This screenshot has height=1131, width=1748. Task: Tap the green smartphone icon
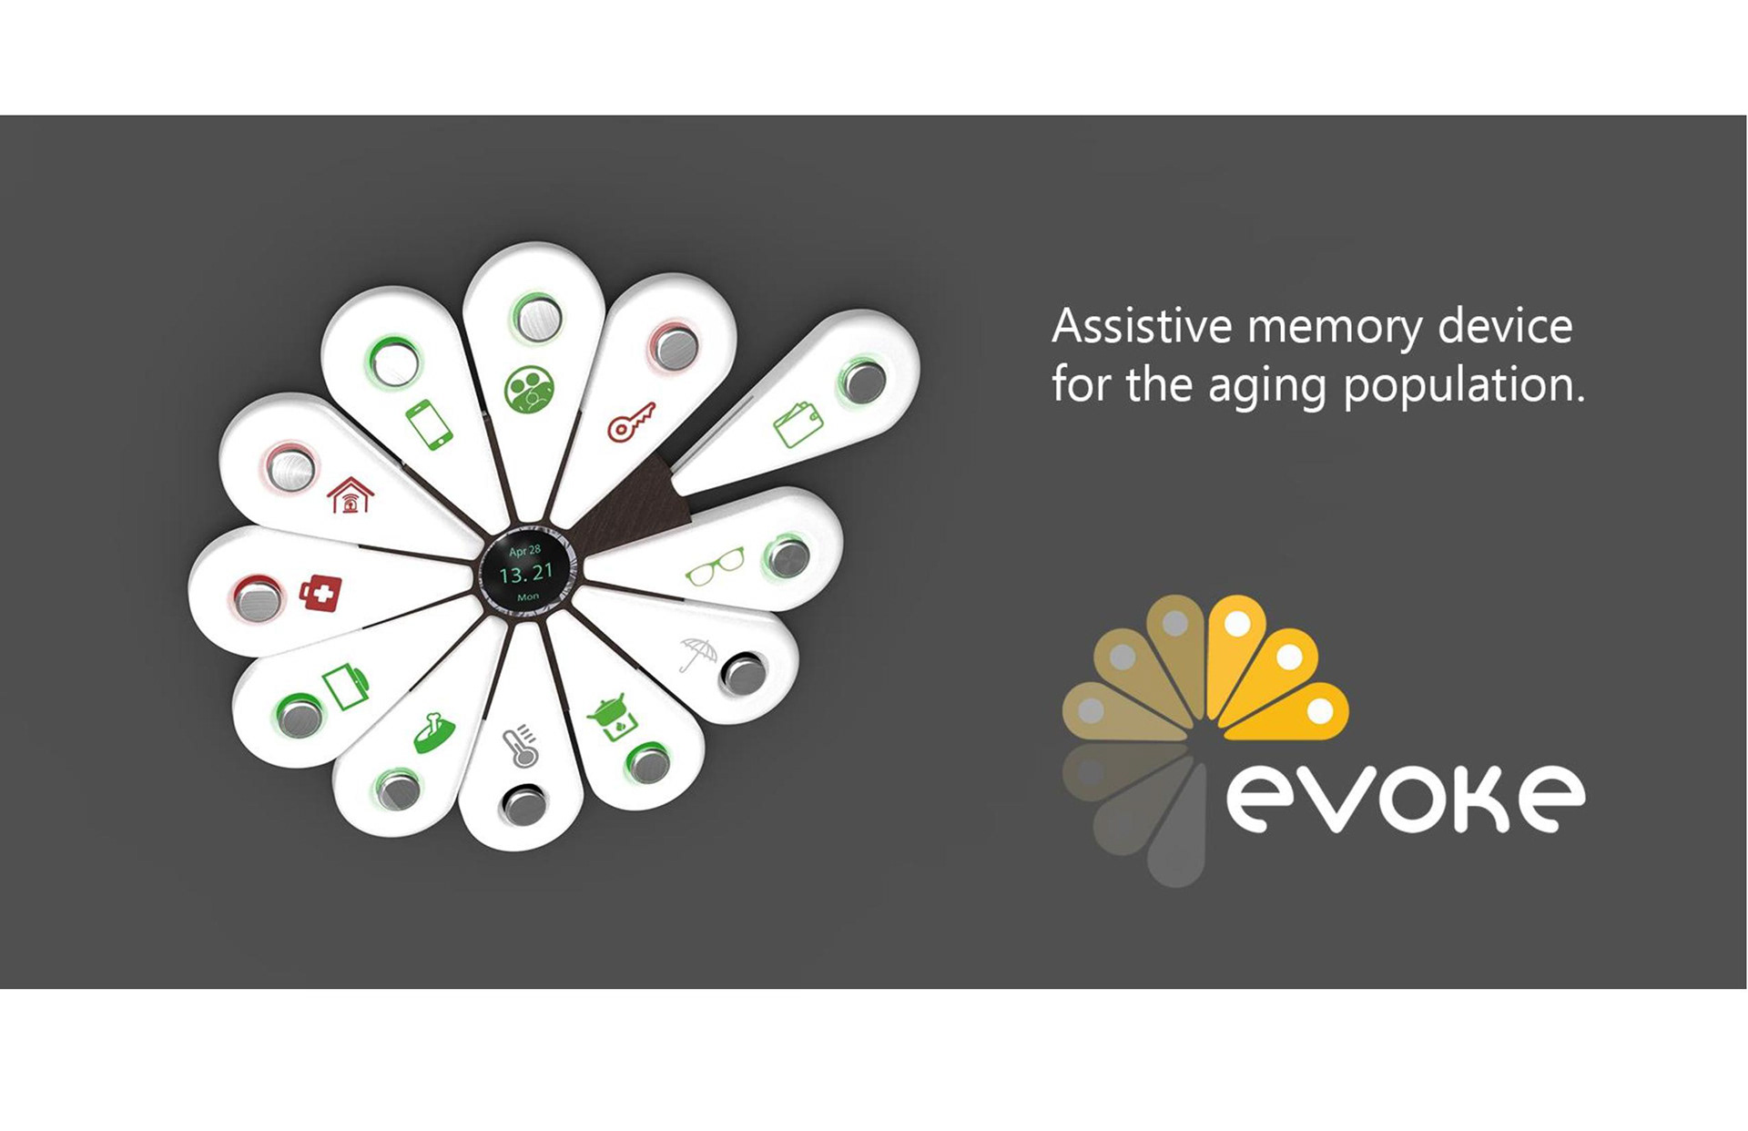tap(429, 424)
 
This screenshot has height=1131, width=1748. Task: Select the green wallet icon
tap(798, 424)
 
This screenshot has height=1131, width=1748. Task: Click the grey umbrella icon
tap(698, 653)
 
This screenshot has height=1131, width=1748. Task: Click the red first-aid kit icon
tap(321, 593)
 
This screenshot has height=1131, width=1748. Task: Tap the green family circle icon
tap(529, 389)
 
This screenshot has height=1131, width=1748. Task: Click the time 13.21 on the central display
tap(526, 574)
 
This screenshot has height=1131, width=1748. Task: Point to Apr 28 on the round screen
tap(524, 551)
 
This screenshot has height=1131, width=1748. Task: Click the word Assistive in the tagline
tap(1142, 326)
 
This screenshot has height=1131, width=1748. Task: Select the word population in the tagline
tap(1465, 386)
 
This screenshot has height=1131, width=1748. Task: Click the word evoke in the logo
tap(1406, 799)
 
